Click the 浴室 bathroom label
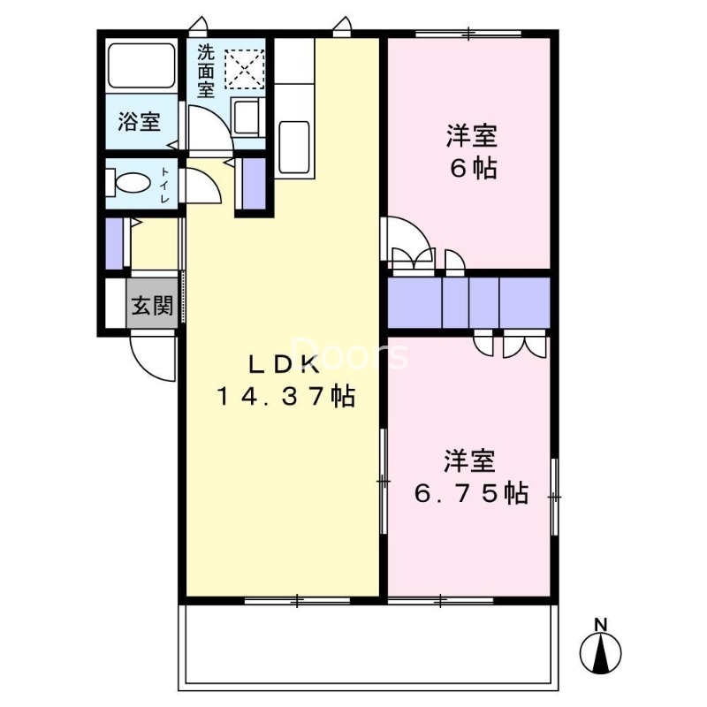tap(140, 121)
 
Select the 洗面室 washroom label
tap(206, 71)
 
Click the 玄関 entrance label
tap(152, 307)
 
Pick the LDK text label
tap(285, 363)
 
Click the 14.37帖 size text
tap(285, 397)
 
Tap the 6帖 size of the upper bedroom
tap(473, 168)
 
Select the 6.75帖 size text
tap(472, 492)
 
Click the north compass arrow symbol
tap(601, 655)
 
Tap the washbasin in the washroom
tap(245, 116)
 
